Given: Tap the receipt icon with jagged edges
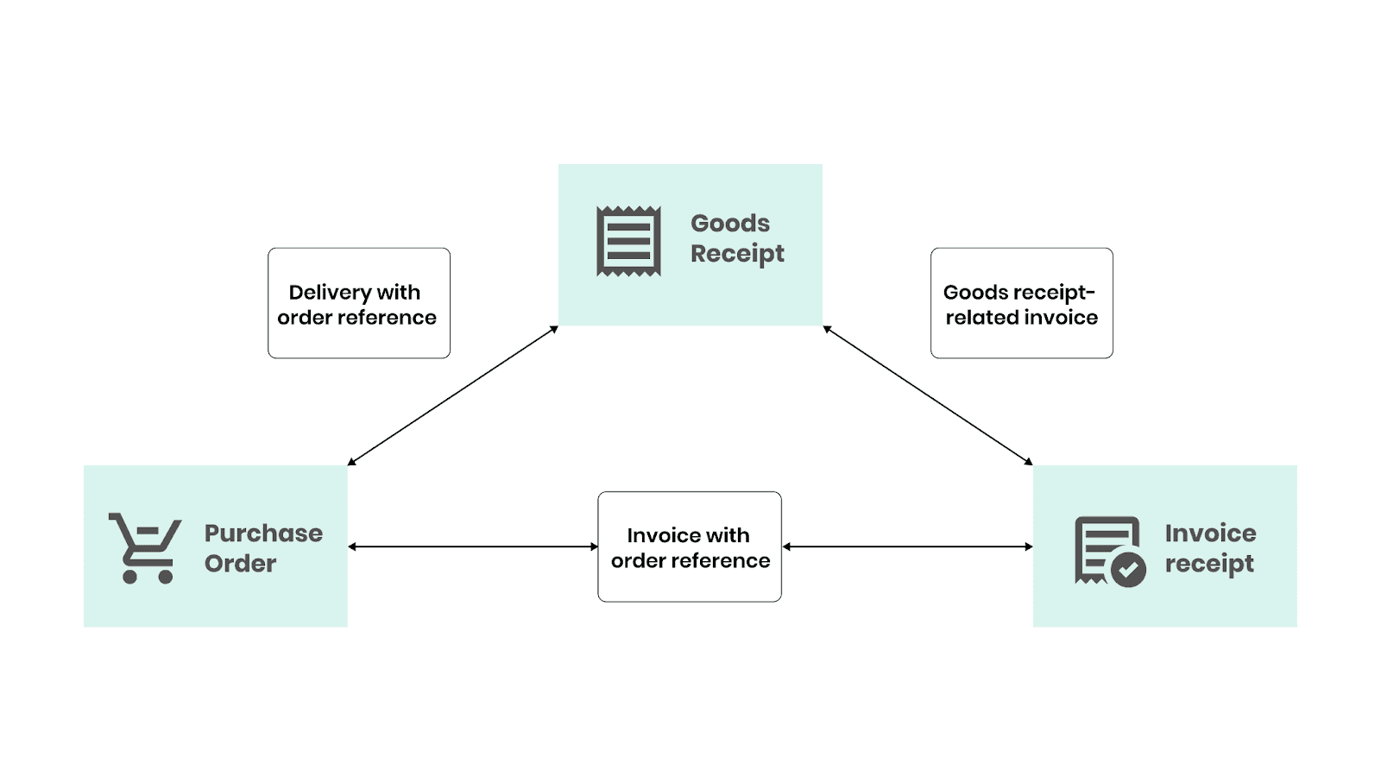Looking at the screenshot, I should tap(628, 241).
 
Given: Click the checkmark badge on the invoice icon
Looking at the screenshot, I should tap(1127, 569).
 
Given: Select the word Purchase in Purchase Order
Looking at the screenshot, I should tap(263, 534).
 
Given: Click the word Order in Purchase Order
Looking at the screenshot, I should tap(240, 564).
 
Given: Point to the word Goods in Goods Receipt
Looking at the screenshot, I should tap(730, 224).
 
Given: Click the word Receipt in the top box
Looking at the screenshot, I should tap(737, 254).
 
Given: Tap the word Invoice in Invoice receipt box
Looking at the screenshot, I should tap(1210, 534).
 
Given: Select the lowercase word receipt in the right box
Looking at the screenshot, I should tap(1208, 564).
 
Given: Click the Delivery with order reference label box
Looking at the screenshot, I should tap(359, 303).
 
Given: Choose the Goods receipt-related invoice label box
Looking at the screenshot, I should tap(1021, 303).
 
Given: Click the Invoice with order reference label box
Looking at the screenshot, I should tap(690, 546).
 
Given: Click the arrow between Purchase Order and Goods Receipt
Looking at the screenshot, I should tap(453, 395).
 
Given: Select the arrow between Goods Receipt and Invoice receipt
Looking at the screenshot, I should tap(928, 395).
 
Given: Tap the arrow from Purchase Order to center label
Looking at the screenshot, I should tap(473, 546).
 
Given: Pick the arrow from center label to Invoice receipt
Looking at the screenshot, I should tap(907, 546).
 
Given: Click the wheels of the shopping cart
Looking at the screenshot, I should tap(148, 577).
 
